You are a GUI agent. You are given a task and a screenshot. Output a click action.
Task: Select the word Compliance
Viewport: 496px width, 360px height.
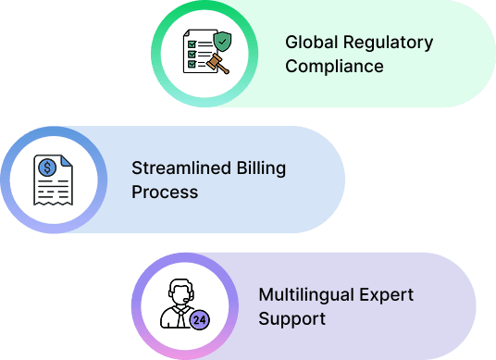[x=334, y=67]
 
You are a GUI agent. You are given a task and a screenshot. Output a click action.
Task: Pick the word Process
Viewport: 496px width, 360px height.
[x=165, y=192]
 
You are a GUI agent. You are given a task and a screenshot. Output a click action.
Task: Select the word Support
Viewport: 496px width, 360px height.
[x=292, y=319]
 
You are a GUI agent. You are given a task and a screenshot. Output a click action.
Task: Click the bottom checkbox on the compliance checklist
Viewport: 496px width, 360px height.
[x=192, y=66]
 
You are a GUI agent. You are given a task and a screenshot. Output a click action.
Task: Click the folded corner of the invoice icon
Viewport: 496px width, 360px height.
[x=66, y=162]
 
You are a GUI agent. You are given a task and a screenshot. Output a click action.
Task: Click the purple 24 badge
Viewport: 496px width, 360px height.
[x=199, y=320]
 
